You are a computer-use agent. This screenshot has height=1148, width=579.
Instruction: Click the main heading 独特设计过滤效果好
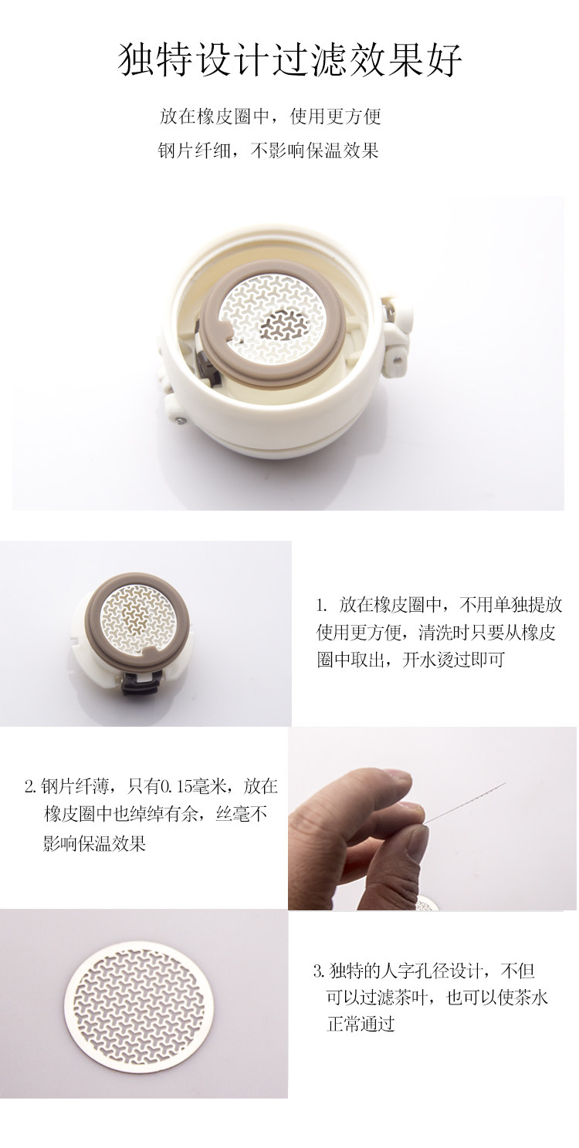tap(289, 60)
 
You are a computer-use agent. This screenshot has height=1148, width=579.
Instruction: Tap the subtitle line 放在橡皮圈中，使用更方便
tap(269, 116)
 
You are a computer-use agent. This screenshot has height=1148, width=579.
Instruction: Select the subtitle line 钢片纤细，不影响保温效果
tap(268, 150)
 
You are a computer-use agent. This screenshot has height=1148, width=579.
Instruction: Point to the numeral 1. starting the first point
tap(322, 606)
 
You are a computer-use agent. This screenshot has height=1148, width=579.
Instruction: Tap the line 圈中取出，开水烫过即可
tap(411, 660)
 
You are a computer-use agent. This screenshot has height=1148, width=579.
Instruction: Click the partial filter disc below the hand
tap(428, 905)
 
